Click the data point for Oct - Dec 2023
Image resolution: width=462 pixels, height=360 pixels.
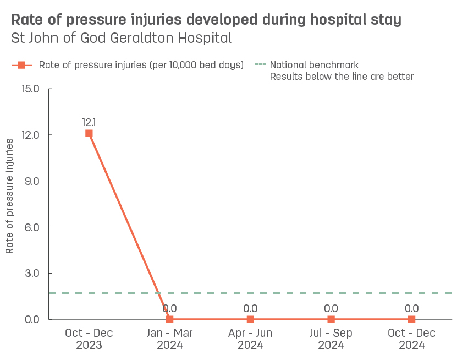tap(89, 133)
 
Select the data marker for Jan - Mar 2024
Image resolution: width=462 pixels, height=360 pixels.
tap(169, 319)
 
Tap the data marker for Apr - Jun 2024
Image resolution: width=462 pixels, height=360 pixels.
tap(250, 319)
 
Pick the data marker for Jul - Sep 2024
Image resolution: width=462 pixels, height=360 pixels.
tap(331, 319)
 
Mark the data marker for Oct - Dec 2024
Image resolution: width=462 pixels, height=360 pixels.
tap(411, 319)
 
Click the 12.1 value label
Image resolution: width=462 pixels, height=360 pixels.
tap(89, 122)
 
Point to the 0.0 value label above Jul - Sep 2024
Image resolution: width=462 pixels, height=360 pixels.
tap(331, 308)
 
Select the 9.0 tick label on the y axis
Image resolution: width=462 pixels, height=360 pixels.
tap(30, 181)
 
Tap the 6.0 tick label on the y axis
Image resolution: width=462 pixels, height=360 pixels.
tap(30, 227)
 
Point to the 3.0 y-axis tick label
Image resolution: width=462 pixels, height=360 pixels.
tap(30, 274)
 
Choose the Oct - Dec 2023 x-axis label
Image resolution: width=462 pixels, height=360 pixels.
tap(89, 339)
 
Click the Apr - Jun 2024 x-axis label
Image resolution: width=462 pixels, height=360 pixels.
tap(250, 339)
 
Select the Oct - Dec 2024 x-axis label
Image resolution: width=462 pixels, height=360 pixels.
tap(411, 339)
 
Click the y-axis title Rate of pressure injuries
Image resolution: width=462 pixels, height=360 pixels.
tap(10, 196)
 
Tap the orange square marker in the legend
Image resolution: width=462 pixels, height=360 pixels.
tap(22, 65)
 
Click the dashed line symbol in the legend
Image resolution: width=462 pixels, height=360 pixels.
tap(260, 65)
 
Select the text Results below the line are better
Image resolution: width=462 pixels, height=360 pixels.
tap(341, 77)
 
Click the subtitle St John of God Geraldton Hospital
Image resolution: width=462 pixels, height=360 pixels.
tap(121, 39)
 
